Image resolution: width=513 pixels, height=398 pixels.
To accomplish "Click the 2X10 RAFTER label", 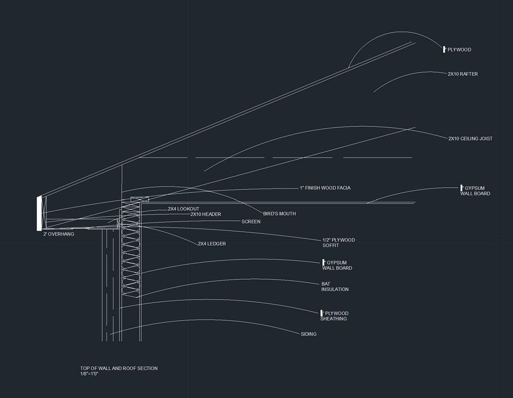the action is [463, 74].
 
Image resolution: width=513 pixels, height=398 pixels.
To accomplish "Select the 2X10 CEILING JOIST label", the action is [470, 139].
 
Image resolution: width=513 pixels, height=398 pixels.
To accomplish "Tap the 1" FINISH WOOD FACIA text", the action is [325, 188].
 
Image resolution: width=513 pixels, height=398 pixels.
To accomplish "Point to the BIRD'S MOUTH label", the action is [279, 214].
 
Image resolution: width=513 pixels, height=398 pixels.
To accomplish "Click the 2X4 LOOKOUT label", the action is [183, 209].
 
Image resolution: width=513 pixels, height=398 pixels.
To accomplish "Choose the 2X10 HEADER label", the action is [205, 215].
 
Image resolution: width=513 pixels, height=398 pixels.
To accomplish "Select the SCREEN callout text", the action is [251, 222].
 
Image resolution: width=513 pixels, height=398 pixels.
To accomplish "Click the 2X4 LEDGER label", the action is [212, 244].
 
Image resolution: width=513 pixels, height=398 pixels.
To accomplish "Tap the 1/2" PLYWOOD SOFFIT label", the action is [338, 243].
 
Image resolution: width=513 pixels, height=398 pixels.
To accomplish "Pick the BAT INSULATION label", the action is [334, 286].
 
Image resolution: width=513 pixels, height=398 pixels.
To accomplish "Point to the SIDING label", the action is [308, 334].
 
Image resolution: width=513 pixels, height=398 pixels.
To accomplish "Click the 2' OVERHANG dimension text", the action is [58, 234].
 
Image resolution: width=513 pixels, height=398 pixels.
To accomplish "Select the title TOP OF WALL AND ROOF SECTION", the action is [118, 369].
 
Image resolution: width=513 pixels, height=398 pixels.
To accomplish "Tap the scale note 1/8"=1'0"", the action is [89, 374].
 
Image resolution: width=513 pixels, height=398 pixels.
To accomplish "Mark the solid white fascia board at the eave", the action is [39, 213].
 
